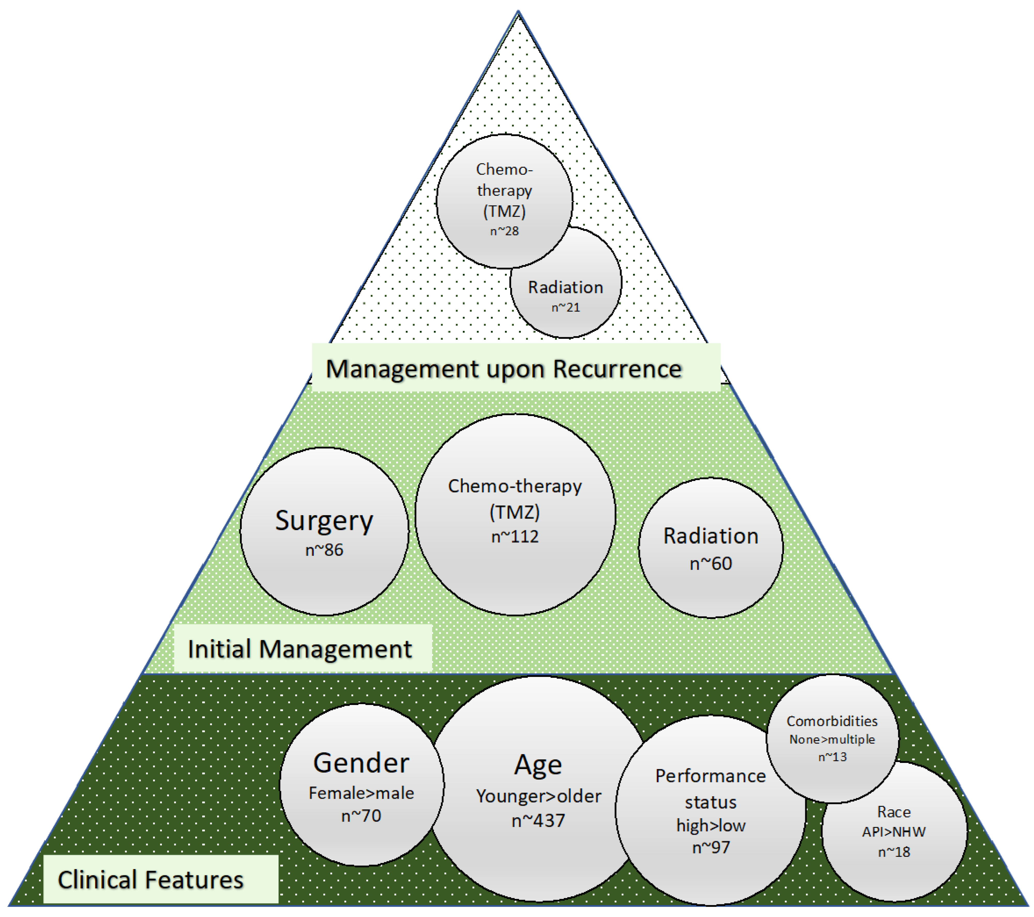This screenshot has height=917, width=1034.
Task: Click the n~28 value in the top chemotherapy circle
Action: [x=504, y=231]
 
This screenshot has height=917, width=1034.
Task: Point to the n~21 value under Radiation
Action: [x=565, y=307]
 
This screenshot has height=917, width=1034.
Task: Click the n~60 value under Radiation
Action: [x=711, y=563]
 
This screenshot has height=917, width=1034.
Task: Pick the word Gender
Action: [x=361, y=763]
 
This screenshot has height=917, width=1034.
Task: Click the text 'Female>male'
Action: [x=361, y=793]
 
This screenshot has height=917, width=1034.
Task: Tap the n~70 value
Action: [x=361, y=816]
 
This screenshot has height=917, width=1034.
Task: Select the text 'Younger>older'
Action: [x=538, y=796]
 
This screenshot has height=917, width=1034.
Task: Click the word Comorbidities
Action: [x=832, y=721]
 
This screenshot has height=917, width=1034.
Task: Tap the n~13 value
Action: [x=832, y=757]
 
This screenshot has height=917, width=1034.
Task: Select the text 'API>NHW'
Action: [x=894, y=832]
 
